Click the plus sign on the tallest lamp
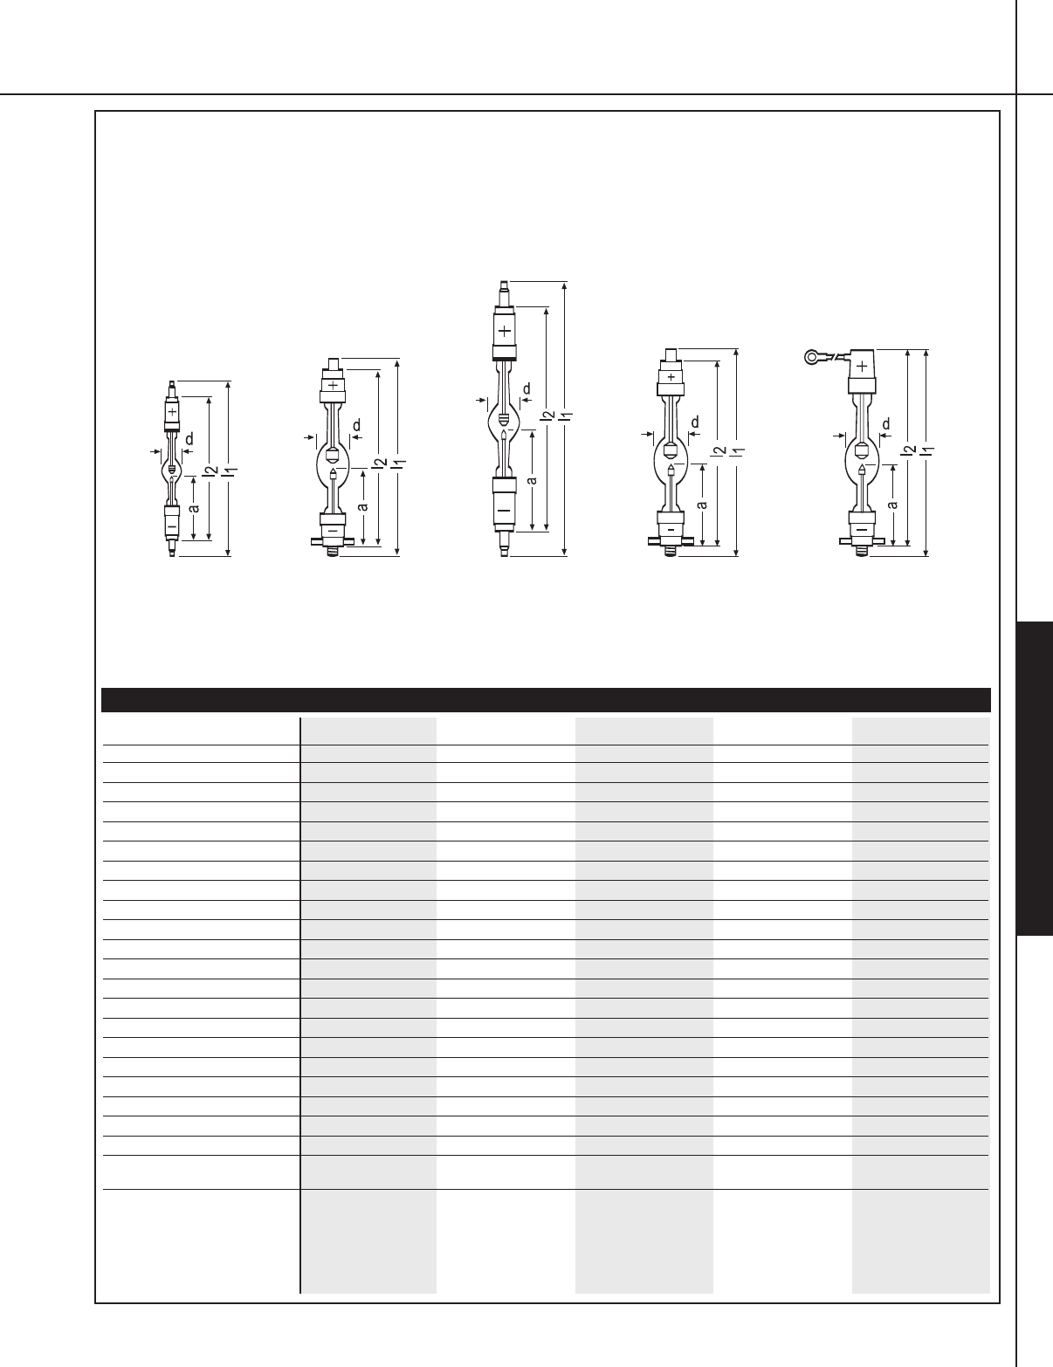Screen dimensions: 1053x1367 (x=506, y=331)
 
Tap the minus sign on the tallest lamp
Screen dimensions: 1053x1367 (x=504, y=510)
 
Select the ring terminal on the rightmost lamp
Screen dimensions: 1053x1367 (x=813, y=358)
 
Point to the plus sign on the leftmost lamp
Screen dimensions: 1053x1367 (x=172, y=411)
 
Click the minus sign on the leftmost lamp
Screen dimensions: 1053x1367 (x=172, y=525)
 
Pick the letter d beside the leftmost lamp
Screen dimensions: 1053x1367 (x=189, y=439)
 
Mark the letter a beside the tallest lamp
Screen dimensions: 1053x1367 (x=532, y=481)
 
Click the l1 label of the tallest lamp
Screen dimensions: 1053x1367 (x=567, y=416)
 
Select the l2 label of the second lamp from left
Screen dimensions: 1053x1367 (x=379, y=463)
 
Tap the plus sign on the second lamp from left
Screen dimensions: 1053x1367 (x=333, y=385)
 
